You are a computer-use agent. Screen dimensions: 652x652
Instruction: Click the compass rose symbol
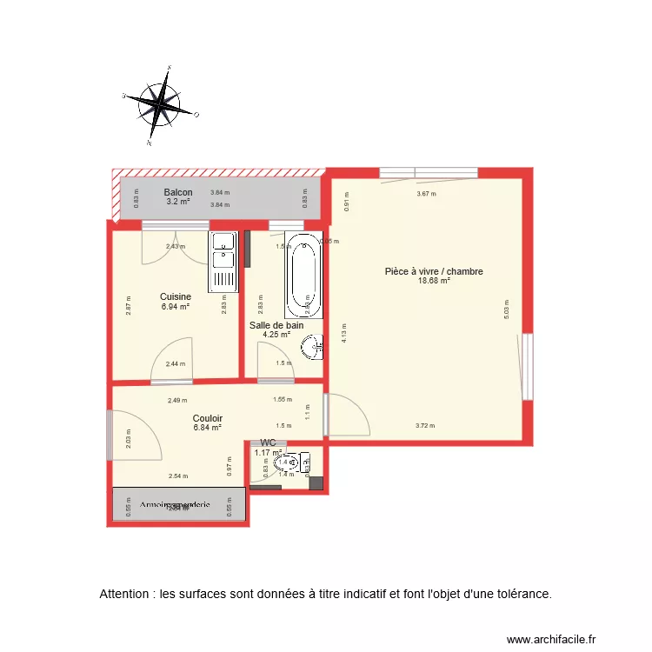pos(161,104)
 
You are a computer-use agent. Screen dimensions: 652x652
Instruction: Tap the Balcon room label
pos(178,193)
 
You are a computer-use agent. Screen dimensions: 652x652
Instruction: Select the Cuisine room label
pos(176,296)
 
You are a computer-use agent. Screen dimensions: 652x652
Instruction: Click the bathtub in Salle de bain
pos(304,276)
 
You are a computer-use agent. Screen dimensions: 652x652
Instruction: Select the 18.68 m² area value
pos(434,281)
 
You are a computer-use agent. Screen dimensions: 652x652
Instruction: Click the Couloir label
pos(208,418)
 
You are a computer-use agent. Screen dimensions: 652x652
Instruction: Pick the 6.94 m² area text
pos(176,306)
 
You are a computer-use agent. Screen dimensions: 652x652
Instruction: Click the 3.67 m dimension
pos(426,194)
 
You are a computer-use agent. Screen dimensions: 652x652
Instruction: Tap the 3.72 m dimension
pos(425,426)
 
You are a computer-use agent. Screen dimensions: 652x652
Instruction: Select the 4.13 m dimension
pos(344,329)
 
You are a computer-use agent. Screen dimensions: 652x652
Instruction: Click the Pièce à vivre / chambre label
pos(434,271)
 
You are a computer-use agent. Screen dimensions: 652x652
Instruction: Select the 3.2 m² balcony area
pos(178,202)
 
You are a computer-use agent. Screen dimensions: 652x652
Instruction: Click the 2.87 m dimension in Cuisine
pos(128,306)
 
